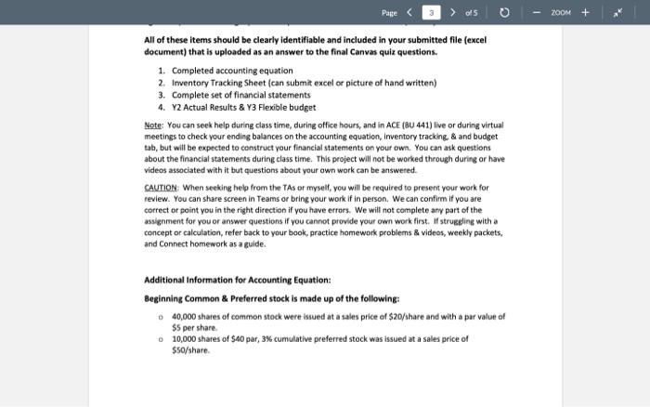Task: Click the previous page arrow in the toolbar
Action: pos(409,12)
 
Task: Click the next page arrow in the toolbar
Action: pos(453,12)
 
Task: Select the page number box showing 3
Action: pos(431,12)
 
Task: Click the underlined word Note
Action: pos(153,125)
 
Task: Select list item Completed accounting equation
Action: pos(232,71)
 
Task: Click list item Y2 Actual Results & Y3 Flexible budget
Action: pos(243,107)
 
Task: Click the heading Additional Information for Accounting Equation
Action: pos(237,280)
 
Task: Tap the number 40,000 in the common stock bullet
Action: pos(186,317)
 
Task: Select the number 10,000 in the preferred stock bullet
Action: pos(186,339)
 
